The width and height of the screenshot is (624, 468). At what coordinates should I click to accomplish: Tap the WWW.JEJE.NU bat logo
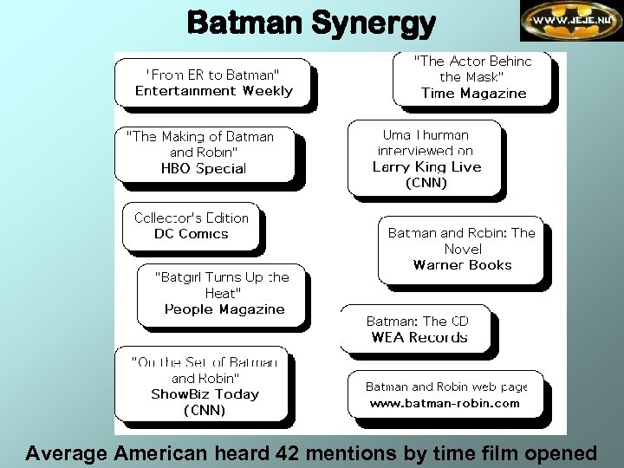point(571,21)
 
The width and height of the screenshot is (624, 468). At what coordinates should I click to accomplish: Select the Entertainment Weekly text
point(214,91)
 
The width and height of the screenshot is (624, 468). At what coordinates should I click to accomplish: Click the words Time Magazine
point(473,94)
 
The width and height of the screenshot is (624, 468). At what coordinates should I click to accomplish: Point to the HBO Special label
point(204,169)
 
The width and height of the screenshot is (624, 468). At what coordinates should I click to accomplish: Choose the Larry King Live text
point(426,166)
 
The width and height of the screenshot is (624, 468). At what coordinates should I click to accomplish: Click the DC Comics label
point(191,234)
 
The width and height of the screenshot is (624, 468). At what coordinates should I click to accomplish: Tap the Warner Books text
point(462,265)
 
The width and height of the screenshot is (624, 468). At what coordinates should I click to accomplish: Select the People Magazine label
point(224,309)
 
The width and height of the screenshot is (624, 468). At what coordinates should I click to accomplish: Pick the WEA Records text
point(419,337)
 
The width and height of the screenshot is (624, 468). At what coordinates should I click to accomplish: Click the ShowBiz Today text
point(205,394)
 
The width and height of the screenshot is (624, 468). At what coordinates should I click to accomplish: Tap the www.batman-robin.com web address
point(445,403)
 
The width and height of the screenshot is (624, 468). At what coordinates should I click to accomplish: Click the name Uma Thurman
point(426,135)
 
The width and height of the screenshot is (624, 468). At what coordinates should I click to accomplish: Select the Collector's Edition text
point(191,218)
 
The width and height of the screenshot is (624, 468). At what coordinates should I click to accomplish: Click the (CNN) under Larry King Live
point(426,183)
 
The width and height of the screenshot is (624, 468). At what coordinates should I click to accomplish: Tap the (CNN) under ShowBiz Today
point(205,411)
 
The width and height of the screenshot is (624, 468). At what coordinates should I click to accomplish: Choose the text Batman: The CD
point(417,321)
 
